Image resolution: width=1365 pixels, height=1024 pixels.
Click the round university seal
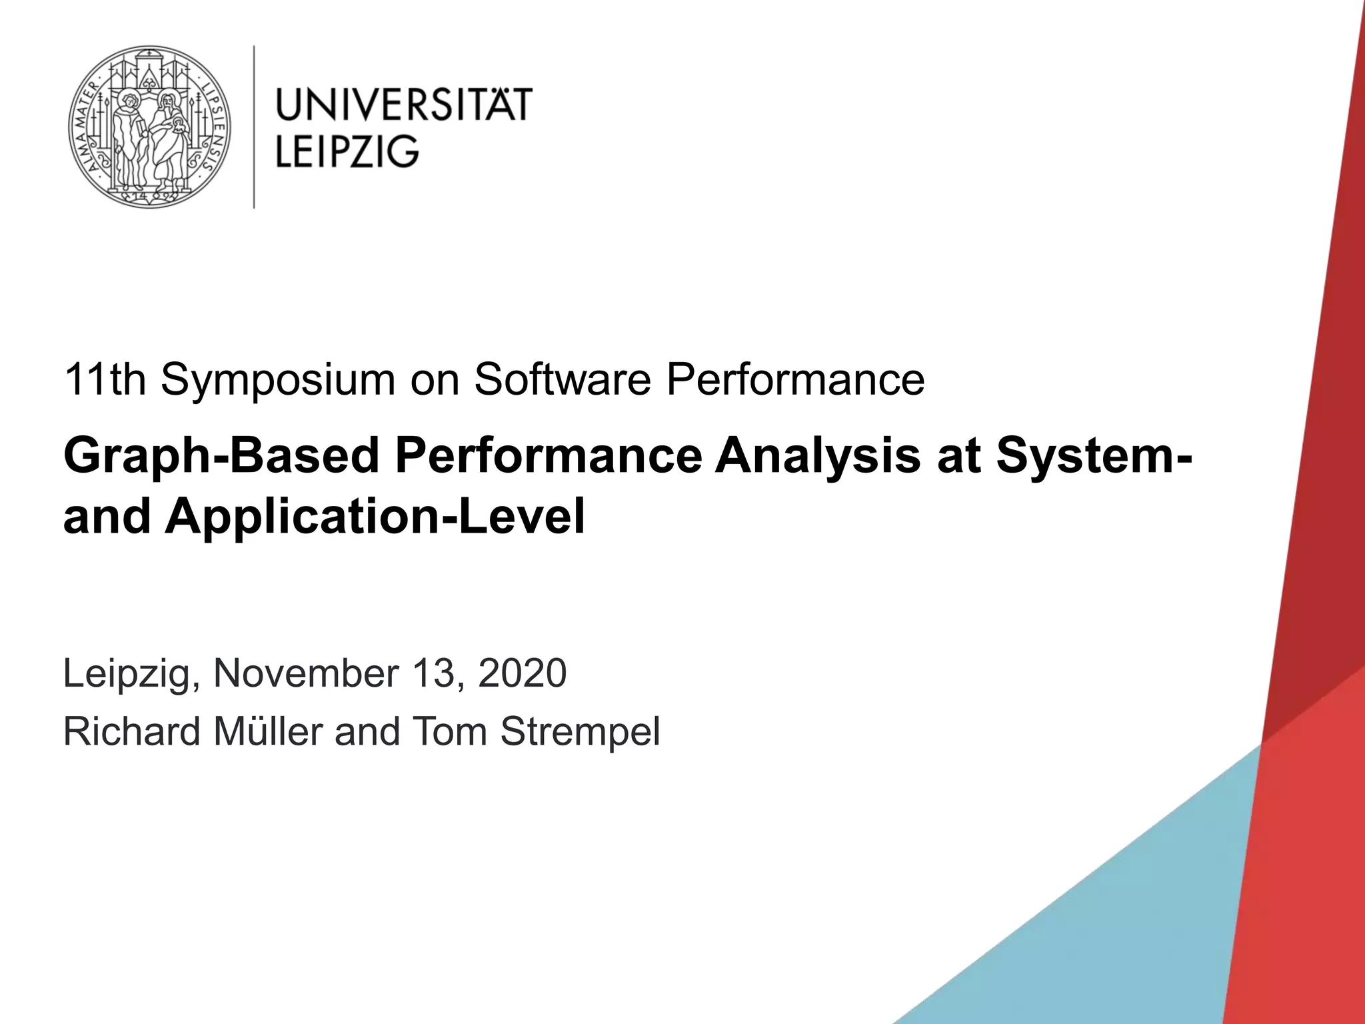[149, 127]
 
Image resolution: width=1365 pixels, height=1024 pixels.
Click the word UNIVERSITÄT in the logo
[404, 105]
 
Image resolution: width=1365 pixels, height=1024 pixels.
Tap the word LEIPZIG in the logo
[347, 150]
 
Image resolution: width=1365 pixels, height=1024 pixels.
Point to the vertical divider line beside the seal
[254, 127]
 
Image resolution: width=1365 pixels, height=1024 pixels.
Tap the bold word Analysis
[818, 455]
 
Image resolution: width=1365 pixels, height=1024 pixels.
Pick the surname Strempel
[580, 732]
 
